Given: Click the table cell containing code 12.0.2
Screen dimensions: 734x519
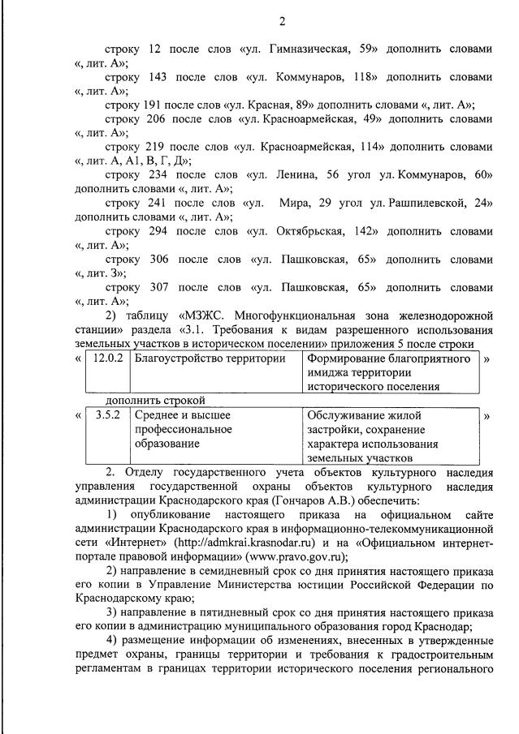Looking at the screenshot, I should [108, 359].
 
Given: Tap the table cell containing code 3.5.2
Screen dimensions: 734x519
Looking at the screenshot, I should [108, 416].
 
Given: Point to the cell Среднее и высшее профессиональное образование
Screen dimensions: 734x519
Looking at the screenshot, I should [183, 430].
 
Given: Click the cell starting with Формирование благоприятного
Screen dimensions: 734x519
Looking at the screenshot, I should [388, 372].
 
